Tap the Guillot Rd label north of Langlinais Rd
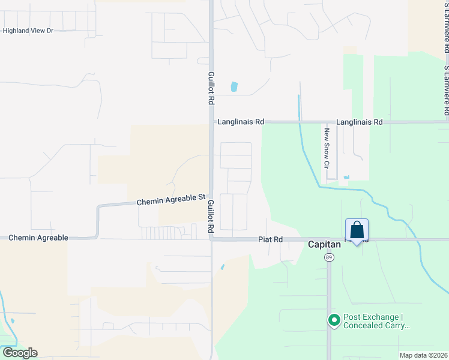point(211,89)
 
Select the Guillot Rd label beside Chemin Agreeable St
point(211,217)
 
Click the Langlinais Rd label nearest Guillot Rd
point(241,122)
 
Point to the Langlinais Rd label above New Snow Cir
point(360,122)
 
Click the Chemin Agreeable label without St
point(38,238)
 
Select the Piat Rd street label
point(270,239)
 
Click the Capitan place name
point(325,245)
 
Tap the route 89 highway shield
point(329,257)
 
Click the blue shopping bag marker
point(357,230)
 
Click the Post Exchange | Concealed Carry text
point(376,322)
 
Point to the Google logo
point(19,353)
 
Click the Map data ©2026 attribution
point(423,355)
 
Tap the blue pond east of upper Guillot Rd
point(234,87)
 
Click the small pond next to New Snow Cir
point(347,177)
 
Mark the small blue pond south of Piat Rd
point(222,267)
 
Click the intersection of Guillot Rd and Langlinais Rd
point(211,122)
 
